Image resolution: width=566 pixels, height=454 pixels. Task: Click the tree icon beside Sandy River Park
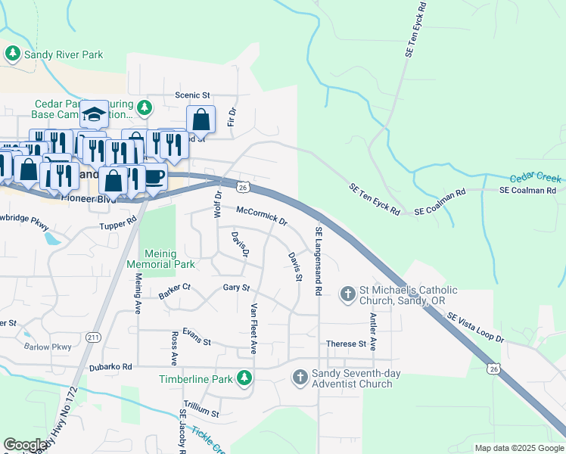point(13,53)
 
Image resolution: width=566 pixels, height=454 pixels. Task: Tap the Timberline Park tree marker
point(244,377)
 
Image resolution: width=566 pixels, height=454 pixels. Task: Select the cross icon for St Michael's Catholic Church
point(348,293)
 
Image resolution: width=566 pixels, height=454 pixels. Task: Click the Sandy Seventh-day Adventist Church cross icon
point(300,376)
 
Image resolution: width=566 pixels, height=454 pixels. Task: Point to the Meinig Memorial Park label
point(160,258)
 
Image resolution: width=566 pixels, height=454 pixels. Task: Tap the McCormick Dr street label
point(262,216)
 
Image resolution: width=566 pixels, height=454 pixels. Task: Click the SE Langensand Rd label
point(319,260)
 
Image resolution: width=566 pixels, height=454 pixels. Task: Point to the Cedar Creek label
point(535,178)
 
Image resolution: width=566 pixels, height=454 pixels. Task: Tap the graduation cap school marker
point(94,114)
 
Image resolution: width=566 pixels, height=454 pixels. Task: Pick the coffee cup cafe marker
point(154,176)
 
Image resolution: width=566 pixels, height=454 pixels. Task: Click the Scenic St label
point(192,95)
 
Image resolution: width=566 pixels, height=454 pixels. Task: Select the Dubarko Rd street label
point(110,367)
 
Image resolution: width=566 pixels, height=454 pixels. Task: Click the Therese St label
point(346,344)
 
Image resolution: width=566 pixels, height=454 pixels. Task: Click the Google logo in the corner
point(25,444)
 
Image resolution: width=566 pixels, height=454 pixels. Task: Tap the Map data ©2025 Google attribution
point(518,448)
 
